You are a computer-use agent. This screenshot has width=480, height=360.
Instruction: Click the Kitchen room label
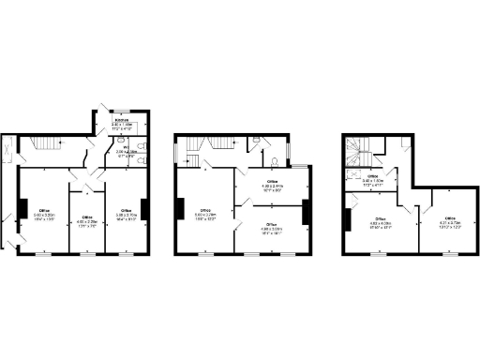point(122,124)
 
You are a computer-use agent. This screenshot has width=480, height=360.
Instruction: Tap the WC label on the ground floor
point(126,146)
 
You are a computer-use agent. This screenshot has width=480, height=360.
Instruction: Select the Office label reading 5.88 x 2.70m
point(125,212)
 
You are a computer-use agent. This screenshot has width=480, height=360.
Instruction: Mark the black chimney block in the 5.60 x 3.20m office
point(22,208)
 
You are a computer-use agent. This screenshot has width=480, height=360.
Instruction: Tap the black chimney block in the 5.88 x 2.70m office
point(143,208)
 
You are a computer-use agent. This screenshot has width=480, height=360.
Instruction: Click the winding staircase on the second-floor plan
point(360,150)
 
